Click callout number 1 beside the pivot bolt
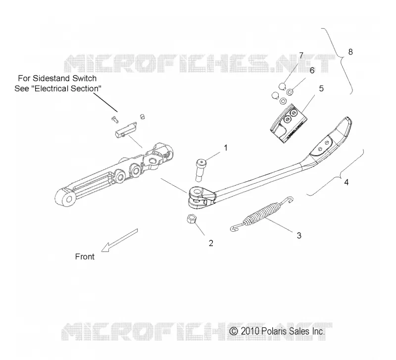(x=226, y=148)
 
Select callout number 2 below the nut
(x=211, y=243)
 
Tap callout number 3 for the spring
(x=299, y=235)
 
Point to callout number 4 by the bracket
(x=346, y=182)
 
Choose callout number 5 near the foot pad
(x=321, y=89)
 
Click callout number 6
(x=312, y=70)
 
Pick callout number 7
(x=301, y=55)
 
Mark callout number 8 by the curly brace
(x=350, y=52)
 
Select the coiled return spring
(x=262, y=214)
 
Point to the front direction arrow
(x=119, y=240)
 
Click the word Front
(x=85, y=257)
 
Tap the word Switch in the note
(x=84, y=79)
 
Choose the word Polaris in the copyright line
(x=274, y=331)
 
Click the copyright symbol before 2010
(x=234, y=331)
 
